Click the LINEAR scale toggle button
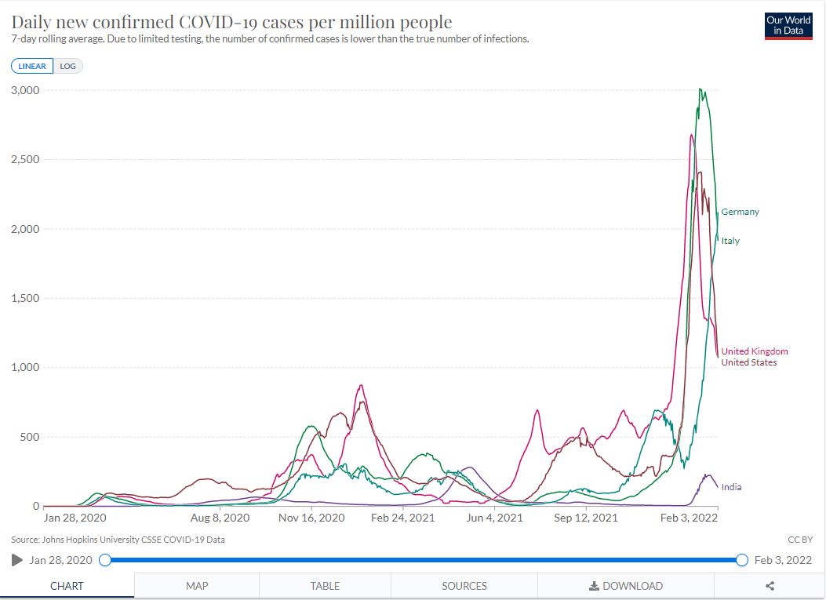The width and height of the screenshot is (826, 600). [32, 66]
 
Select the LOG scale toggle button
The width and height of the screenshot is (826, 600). [68, 66]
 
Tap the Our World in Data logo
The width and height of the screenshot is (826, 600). [788, 26]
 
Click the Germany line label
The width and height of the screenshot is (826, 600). [740, 212]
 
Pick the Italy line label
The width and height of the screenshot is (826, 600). [730, 241]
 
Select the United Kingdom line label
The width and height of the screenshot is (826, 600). [755, 351]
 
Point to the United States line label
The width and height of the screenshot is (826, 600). [749, 362]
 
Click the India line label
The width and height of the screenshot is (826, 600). [731, 487]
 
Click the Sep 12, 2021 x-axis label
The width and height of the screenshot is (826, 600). [587, 518]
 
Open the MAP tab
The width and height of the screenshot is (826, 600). [197, 586]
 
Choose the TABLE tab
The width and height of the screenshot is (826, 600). [325, 586]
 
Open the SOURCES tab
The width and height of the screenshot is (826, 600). [464, 586]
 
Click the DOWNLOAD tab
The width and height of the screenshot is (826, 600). [626, 586]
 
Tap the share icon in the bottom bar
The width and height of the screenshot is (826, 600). [770, 586]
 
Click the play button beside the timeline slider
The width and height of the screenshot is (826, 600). [17, 560]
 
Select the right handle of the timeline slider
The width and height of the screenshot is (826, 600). [742, 560]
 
